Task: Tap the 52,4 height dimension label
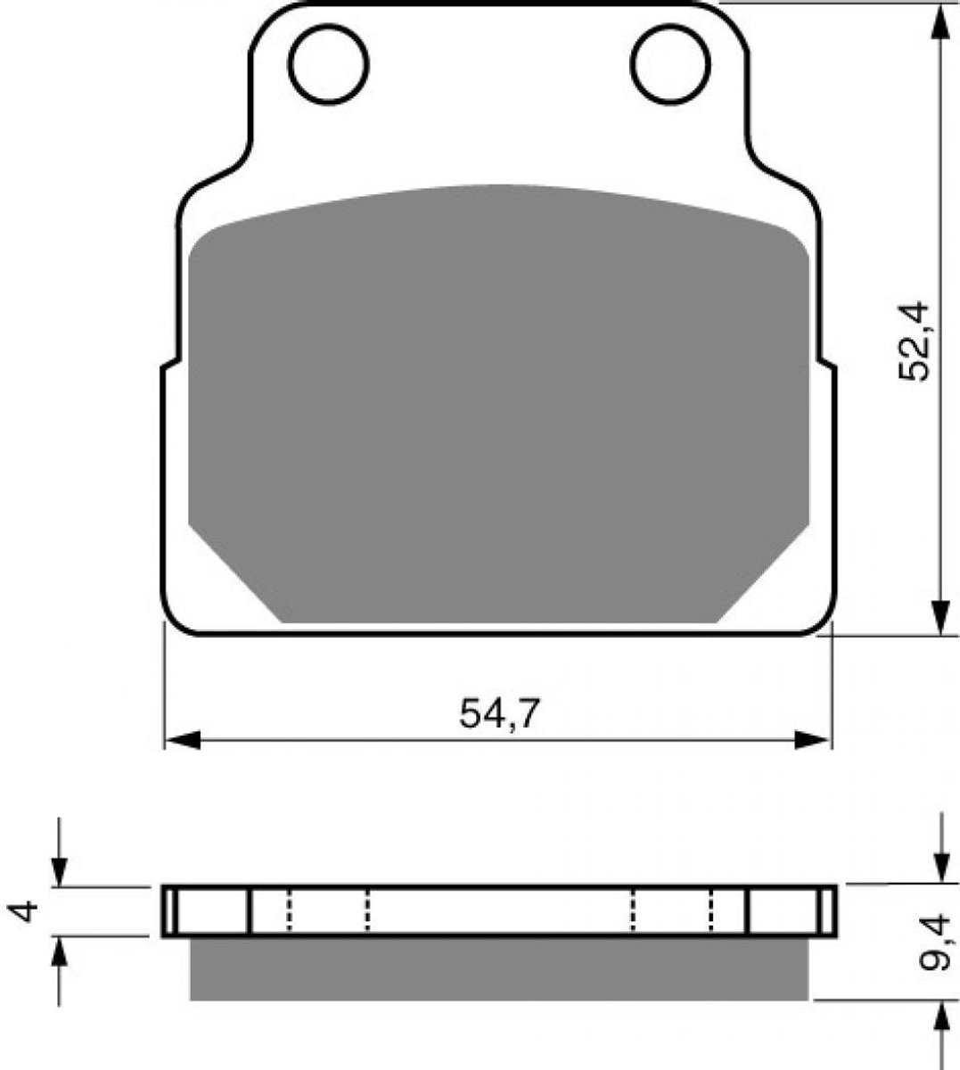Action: [913, 341]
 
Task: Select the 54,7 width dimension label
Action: [499, 713]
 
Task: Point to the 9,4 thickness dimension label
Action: [936, 951]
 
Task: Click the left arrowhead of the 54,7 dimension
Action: [183, 740]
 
